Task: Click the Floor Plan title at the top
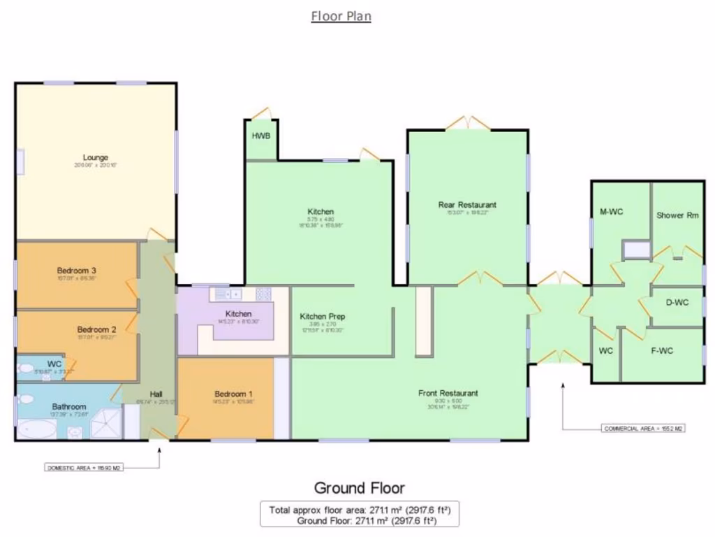[341, 16]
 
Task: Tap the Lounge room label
[95, 158]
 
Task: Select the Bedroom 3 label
[77, 271]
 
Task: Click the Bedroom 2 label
[77, 329]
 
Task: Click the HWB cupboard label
[261, 136]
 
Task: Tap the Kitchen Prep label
[323, 317]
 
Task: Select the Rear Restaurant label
[467, 205]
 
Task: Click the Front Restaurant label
[448, 393]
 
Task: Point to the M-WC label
[611, 211]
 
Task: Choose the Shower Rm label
[677, 215]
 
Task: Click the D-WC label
[677, 303]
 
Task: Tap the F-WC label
[662, 350]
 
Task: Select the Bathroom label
[68, 406]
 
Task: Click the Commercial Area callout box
[643, 428]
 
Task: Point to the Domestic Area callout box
[84, 466]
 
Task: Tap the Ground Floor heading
[359, 488]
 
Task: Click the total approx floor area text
[360, 510]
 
